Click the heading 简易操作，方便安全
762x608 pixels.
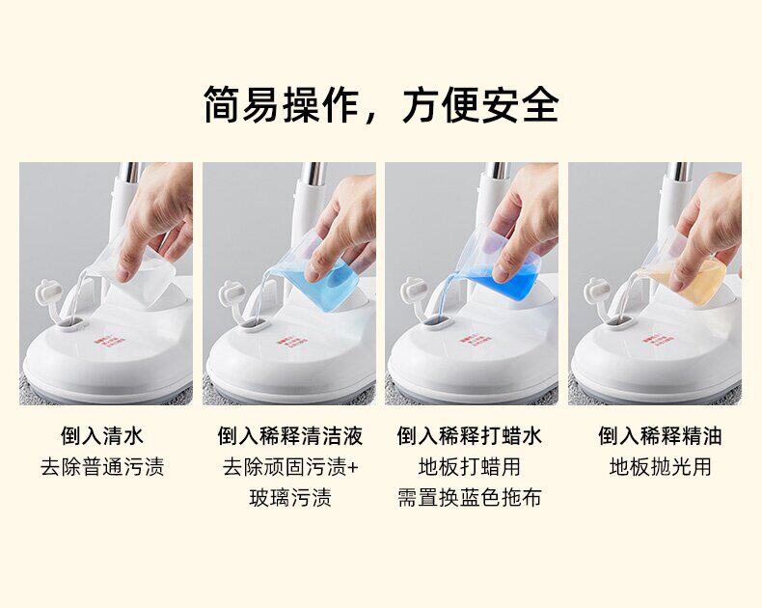coord(381,104)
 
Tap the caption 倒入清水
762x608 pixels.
coord(102,435)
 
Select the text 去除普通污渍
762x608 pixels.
coord(102,466)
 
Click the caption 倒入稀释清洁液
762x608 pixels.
coord(290,435)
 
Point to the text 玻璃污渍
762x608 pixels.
coord(290,498)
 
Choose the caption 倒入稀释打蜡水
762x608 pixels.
coord(469,435)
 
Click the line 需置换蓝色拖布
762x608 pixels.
coord(469,498)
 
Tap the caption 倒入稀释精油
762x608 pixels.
coord(660,435)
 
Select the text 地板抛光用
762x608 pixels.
coord(660,466)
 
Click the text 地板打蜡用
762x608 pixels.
coord(469,466)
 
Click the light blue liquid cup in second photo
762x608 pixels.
coord(321,277)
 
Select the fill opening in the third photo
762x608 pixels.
coord(441,321)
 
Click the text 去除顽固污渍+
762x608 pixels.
coord(290,466)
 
